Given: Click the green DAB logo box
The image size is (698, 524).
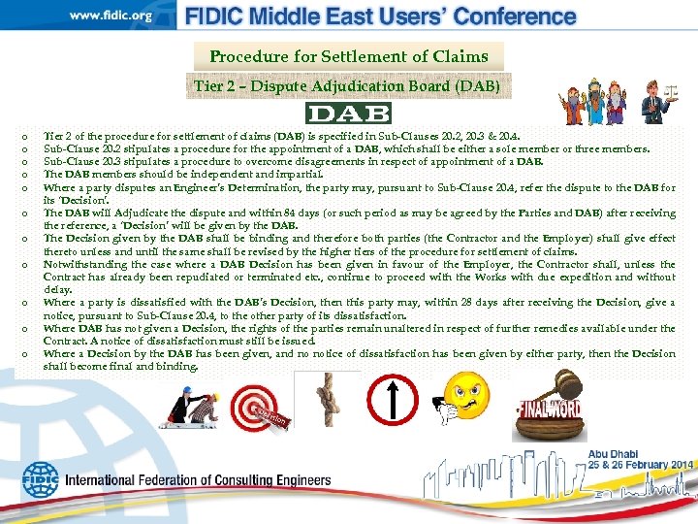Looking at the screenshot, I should (348, 113).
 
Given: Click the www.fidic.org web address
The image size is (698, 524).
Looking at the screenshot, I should (111, 16).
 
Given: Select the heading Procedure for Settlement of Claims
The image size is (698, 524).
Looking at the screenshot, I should (348, 57).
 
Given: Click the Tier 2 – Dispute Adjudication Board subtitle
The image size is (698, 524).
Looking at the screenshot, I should (348, 85).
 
